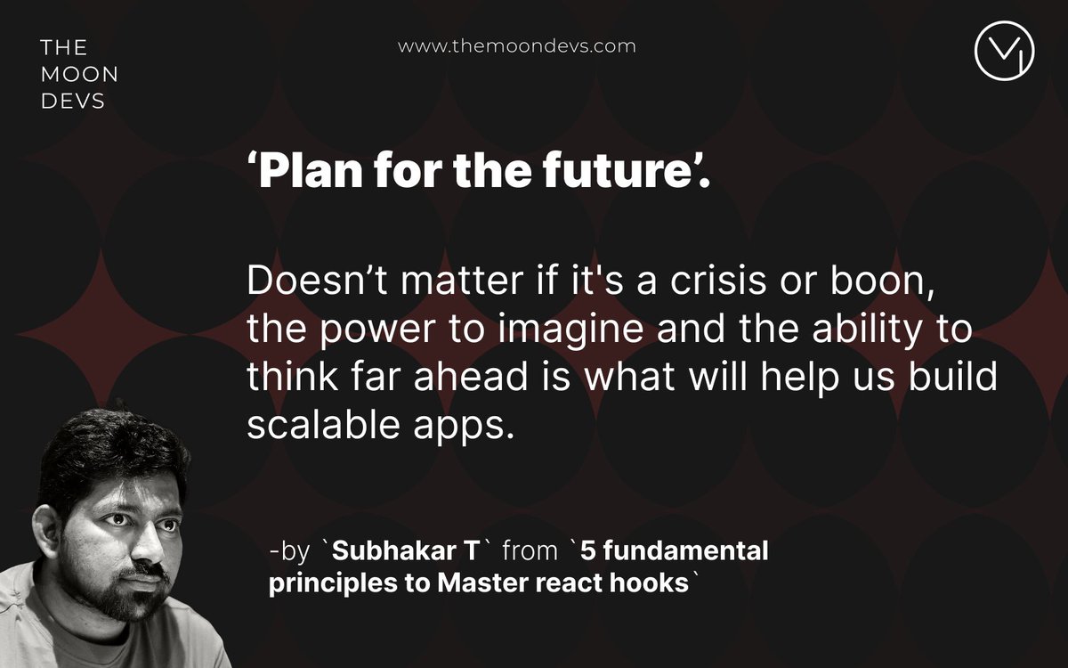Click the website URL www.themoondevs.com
[x=516, y=46]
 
